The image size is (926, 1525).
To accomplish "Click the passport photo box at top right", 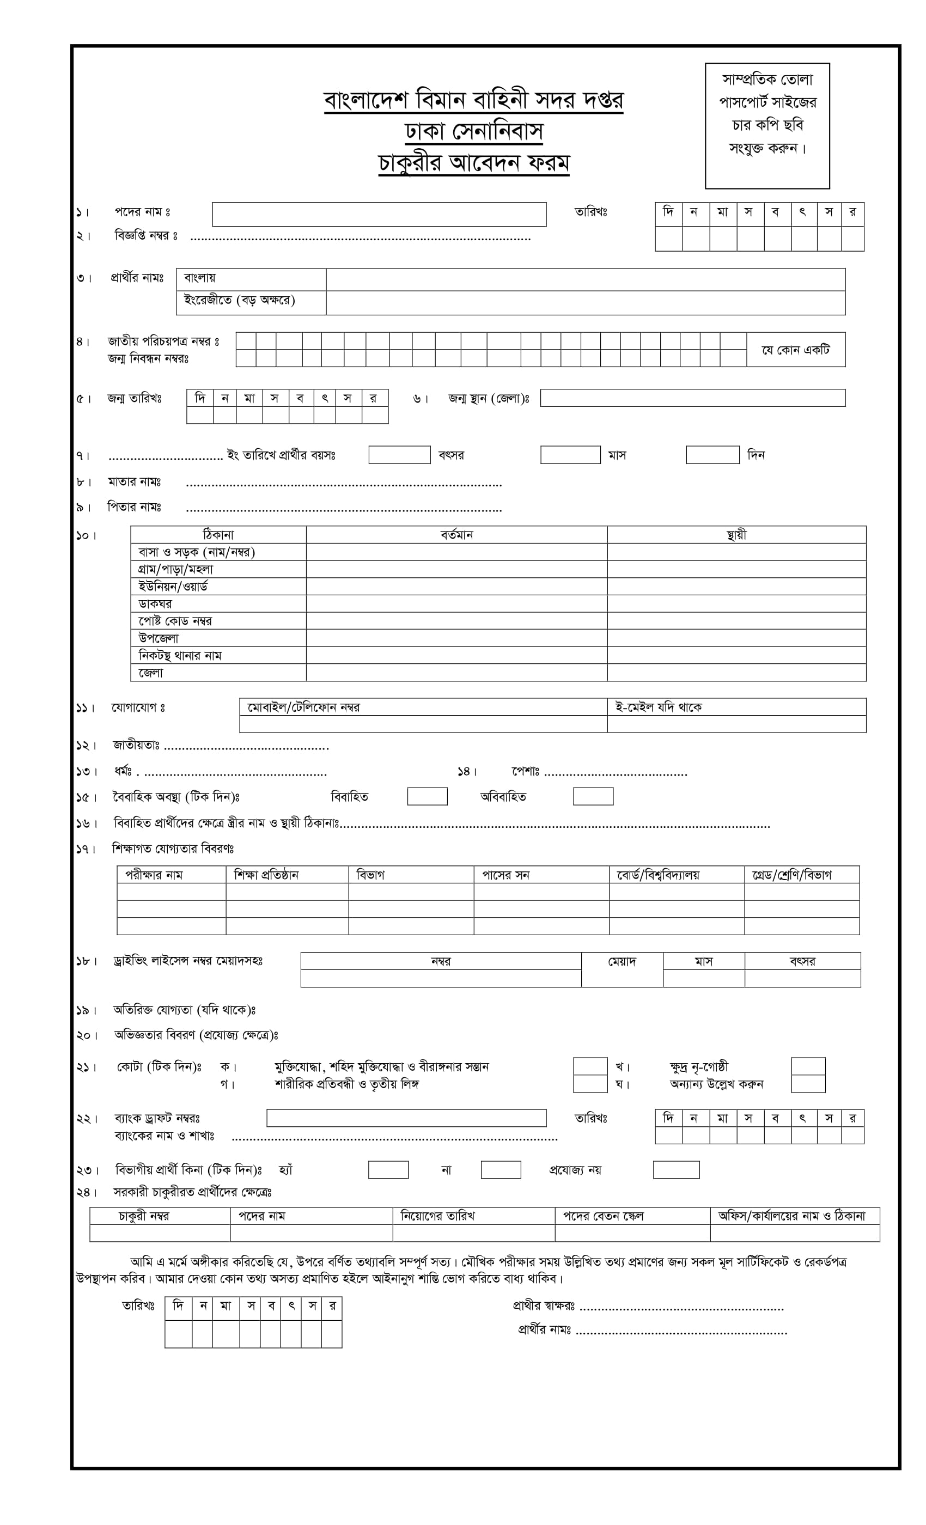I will click(x=767, y=126).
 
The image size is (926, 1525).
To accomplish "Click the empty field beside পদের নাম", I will click(x=379, y=214).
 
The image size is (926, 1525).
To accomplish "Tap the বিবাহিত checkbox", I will click(x=427, y=796).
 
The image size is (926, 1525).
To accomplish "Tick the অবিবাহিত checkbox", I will click(x=593, y=796).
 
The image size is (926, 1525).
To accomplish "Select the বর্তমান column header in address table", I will click(x=456, y=535).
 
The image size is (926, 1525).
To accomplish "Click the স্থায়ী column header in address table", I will click(x=736, y=535).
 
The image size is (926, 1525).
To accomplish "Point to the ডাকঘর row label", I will click(x=155, y=603).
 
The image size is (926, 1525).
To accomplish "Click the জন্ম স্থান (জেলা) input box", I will click(x=692, y=398).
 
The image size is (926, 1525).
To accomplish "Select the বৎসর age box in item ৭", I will click(x=399, y=454).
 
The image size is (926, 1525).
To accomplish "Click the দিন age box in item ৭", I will click(x=712, y=454).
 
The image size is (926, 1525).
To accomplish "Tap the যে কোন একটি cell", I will click(x=795, y=350).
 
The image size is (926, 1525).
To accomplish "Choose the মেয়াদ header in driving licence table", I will click(x=622, y=961).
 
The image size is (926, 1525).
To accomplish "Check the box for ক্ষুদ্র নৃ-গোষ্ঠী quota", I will click(x=808, y=1066).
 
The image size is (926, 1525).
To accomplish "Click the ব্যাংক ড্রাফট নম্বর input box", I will click(x=406, y=1118).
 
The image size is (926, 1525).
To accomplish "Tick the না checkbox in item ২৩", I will click(x=500, y=1170).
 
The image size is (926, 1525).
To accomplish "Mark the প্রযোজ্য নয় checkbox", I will click(x=676, y=1170).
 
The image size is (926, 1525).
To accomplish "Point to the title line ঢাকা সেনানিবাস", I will click(x=473, y=131).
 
